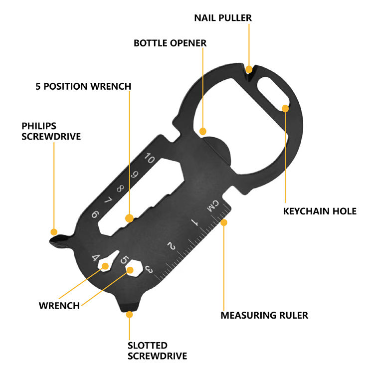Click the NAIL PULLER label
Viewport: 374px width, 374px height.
tap(222, 18)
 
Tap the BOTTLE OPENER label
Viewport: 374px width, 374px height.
tap(170, 43)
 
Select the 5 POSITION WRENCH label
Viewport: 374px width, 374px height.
tap(83, 86)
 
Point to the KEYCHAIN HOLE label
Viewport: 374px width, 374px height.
tap(320, 211)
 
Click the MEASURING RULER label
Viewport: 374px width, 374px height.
tap(264, 315)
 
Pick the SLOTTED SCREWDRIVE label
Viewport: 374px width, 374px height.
tap(157, 351)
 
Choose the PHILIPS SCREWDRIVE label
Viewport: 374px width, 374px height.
tap(51, 131)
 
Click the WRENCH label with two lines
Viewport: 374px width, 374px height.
tap(59, 305)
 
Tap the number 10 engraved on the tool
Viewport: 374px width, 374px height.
tap(149, 159)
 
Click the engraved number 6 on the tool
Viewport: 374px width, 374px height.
tap(95, 215)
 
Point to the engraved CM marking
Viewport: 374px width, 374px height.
tap(213, 205)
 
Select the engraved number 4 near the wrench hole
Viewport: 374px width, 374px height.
tap(96, 258)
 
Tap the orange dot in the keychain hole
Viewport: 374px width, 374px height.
tap(285, 108)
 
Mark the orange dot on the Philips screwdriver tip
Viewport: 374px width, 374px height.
tap(54, 232)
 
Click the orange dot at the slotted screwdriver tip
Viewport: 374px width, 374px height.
tap(130, 315)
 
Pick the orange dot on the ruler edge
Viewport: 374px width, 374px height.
tap(224, 222)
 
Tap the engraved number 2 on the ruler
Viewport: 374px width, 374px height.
tap(172, 246)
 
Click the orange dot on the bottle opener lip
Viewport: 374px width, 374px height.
tap(202, 132)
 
